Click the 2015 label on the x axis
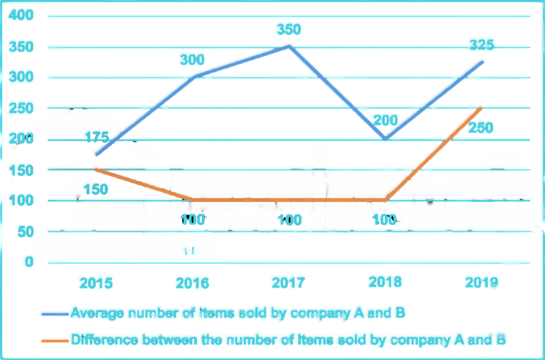click(x=96, y=282)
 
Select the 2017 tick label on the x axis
click(x=289, y=282)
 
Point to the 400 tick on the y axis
click(x=22, y=16)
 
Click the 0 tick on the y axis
click(x=29, y=263)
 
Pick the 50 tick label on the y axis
click(x=26, y=232)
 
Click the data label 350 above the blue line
click(x=289, y=29)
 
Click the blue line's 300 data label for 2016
click(x=193, y=60)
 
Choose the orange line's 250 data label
click(x=481, y=128)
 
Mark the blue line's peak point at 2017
click(x=289, y=46)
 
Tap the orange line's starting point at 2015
click(x=96, y=169)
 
